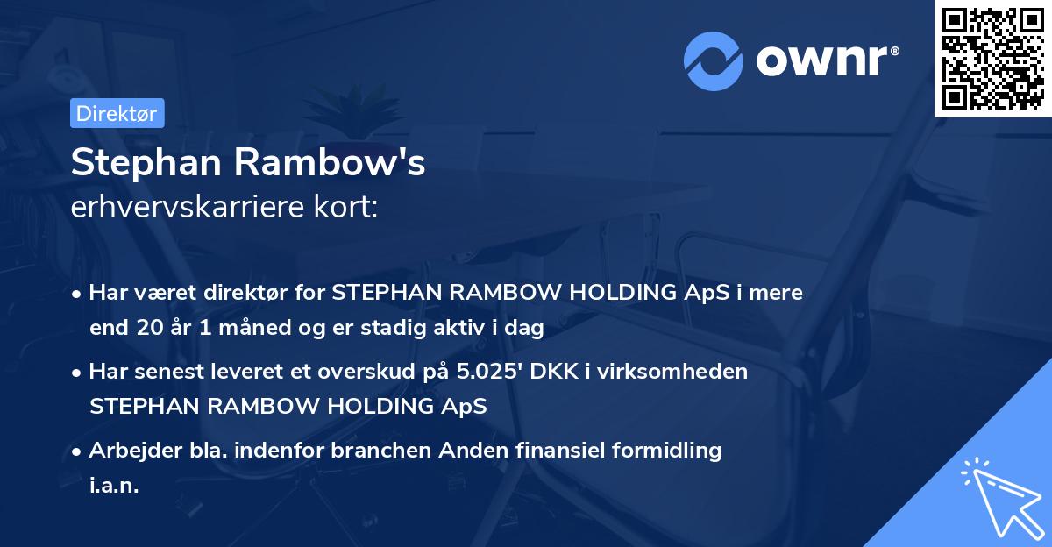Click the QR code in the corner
pos(993,59)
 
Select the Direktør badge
pos(117,113)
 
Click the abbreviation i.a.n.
pos(114,485)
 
